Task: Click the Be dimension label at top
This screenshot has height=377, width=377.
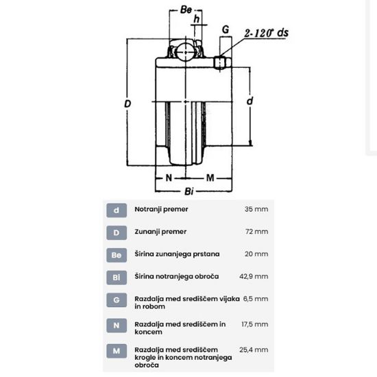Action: (x=186, y=10)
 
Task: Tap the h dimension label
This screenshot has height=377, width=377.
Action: (x=197, y=19)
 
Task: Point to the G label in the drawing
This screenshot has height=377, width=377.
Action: (x=226, y=29)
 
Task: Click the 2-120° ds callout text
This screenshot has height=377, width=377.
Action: (x=267, y=33)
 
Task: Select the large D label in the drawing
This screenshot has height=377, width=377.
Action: (x=127, y=104)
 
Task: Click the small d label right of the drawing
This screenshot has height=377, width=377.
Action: (x=250, y=101)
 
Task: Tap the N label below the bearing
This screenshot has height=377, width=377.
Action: (x=169, y=178)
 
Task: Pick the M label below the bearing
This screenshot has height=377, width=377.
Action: (x=210, y=178)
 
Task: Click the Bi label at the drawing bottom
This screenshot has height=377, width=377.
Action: (x=189, y=191)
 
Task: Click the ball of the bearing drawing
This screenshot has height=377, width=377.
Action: (x=186, y=52)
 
